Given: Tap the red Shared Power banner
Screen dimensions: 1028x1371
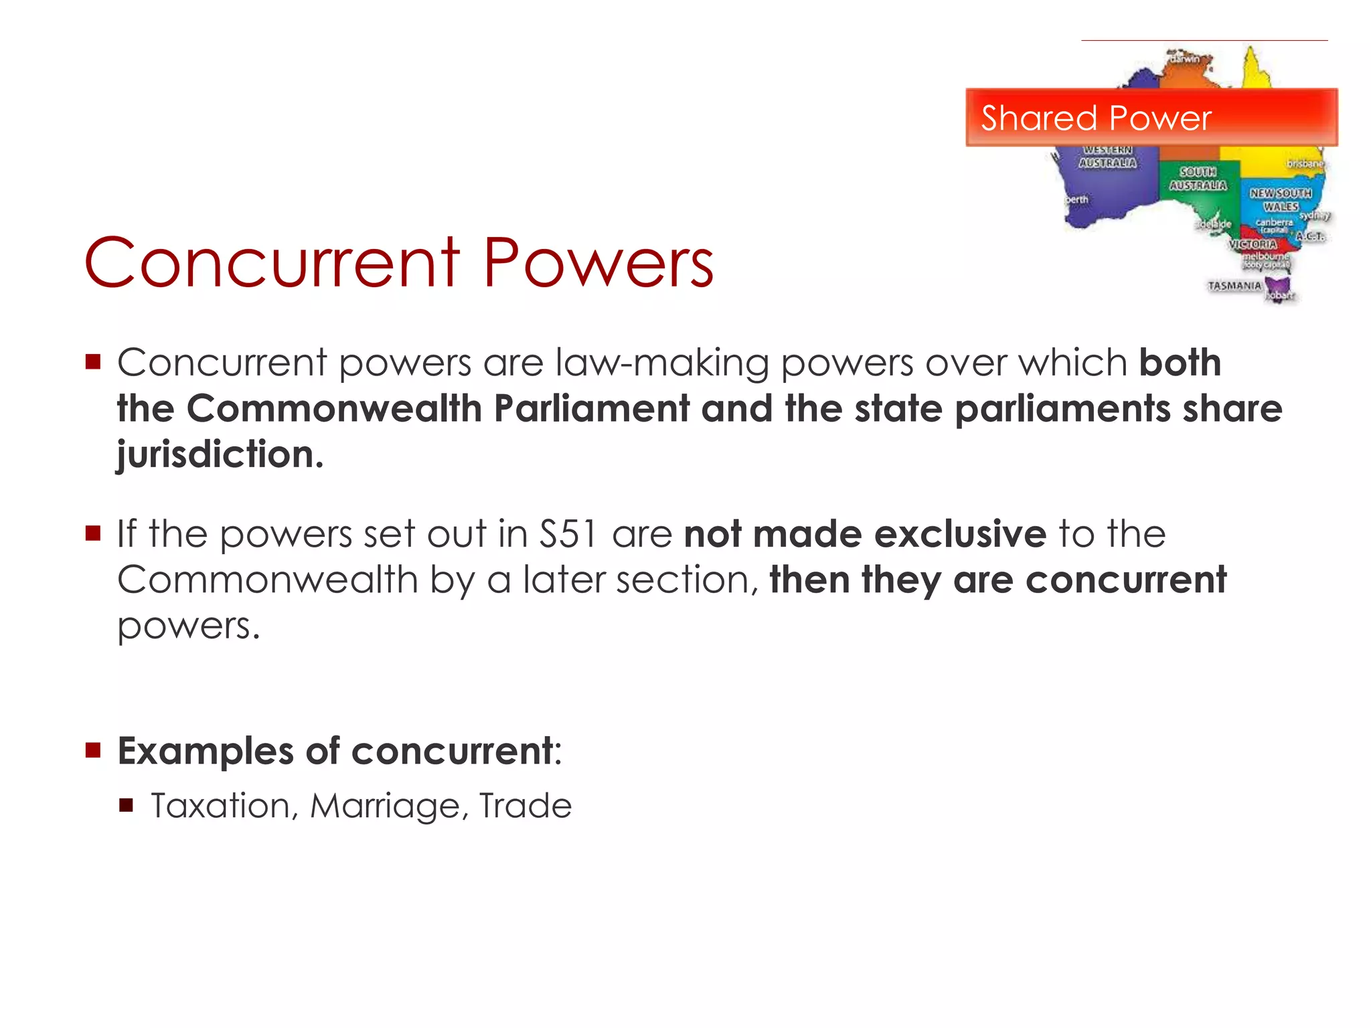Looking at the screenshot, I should [x=1151, y=117].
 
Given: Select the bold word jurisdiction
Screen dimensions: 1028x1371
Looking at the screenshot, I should [x=220, y=455].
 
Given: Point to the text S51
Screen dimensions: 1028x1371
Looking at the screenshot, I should [x=568, y=534].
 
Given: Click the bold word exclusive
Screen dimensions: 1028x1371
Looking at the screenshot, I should [x=960, y=534].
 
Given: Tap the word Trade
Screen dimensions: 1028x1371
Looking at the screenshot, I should [x=526, y=805].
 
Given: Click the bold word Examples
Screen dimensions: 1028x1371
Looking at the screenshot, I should [x=206, y=751].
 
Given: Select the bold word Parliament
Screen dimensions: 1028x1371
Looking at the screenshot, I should [x=592, y=408].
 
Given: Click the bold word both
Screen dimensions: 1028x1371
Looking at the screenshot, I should [x=1180, y=363].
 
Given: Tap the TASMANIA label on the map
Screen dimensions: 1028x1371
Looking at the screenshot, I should [x=1234, y=286].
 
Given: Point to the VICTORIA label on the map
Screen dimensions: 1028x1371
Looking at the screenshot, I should [x=1253, y=244].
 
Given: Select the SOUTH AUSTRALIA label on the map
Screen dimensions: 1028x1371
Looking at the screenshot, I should [x=1198, y=179].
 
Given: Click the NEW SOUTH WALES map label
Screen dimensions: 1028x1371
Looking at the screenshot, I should [x=1280, y=199].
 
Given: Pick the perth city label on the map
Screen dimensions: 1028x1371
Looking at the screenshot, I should [x=1076, y=199].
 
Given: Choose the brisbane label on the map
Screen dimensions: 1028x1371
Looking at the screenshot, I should [x=1304, y=163].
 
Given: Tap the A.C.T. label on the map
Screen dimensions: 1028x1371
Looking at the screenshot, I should [x=1309, y=236].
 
